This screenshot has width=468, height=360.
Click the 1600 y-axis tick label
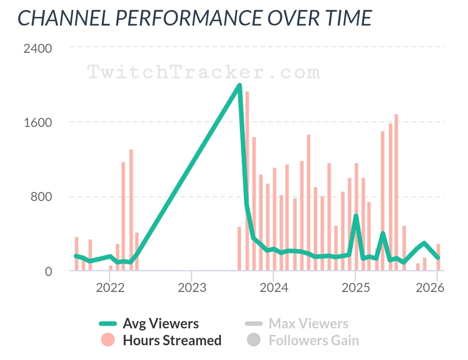(x=38, y=122)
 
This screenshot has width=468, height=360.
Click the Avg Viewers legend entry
(x=160, y=323)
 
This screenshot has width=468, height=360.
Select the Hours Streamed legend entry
(x=172, y=340)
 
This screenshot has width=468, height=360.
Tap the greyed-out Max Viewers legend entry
(x=308, y=323)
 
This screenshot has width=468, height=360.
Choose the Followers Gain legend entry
(x=314, y=340)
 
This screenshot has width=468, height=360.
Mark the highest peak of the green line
(x=239, y=85)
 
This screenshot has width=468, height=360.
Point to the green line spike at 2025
(x=356, y=216)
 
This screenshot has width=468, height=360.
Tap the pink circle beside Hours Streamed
(x=108, y=340)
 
